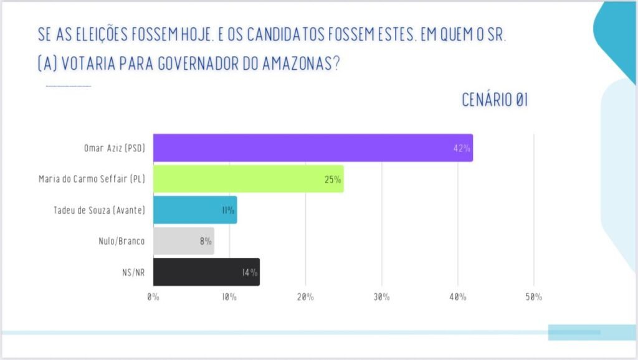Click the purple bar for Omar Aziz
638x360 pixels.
312,148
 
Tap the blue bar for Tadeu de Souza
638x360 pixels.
194,211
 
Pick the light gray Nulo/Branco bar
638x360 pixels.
183,241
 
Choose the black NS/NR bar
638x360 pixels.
206,272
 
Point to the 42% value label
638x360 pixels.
462,149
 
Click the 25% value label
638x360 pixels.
333,180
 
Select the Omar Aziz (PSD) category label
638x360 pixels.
115,149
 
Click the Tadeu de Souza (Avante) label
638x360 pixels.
100,211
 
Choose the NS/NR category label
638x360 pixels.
133,272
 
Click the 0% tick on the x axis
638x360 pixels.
153,297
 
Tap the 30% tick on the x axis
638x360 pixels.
381,297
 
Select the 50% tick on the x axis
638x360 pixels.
533,297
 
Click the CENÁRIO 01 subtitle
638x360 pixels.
495,100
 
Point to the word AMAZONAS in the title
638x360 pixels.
292,64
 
